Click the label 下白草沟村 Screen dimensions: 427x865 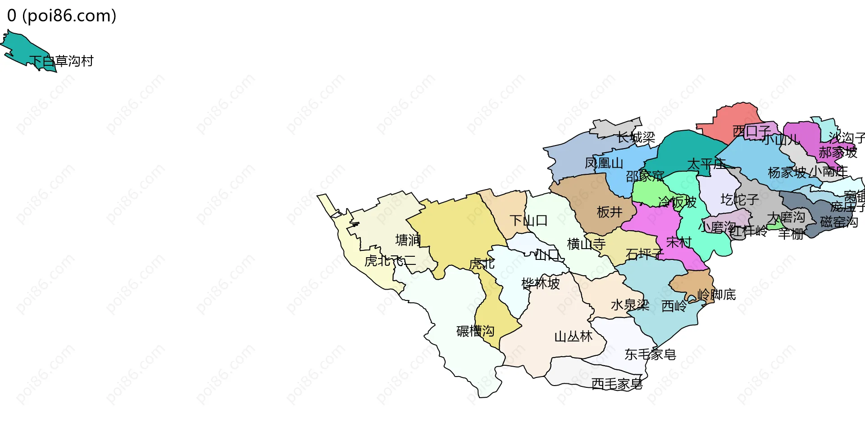click(62, 61)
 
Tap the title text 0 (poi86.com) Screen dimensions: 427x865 click(62, 16)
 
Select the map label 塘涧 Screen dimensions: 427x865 click(408, 240)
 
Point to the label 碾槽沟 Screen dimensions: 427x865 click(475, 332)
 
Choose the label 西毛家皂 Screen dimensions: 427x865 click(617, 384)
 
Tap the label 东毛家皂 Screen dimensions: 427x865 click(650, 355)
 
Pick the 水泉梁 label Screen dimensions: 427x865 click(630, 305)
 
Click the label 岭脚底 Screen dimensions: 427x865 click(716, 295)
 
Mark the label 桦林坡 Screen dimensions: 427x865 click(541, 284)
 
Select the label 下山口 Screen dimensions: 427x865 click(528, 221)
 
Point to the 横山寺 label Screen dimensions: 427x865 click(586, 244)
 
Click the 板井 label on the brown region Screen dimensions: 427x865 click(610, 212)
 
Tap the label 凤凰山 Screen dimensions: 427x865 click(604, 163)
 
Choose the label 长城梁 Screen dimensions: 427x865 click(636, 137)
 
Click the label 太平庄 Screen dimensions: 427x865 click(706, 164)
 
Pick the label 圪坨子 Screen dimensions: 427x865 click(740, 200)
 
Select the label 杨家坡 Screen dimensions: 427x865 click(787, 173)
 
